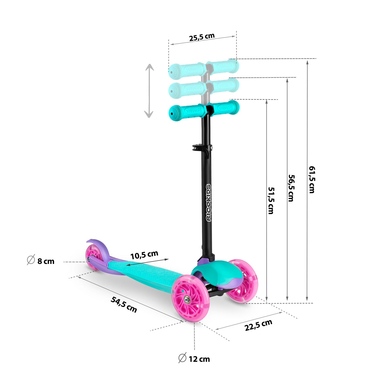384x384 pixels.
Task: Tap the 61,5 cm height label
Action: click(x=312, y=179)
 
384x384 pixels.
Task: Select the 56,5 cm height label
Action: click(x=291, y=188)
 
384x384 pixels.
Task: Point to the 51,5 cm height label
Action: click(x=271, y=200)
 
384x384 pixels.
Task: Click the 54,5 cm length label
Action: click(x=124, y=304)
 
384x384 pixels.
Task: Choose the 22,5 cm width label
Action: click(x=258, y=325)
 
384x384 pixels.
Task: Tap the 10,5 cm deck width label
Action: click(x=144, y=255)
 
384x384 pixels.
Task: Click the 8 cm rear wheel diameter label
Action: click(x=46, y=261)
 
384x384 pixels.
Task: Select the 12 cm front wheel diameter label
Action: click(x=199, y=359)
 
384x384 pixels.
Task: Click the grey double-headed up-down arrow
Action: click(x=149, y=91)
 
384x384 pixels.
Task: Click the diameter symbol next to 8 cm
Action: click(x=31, y=260)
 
